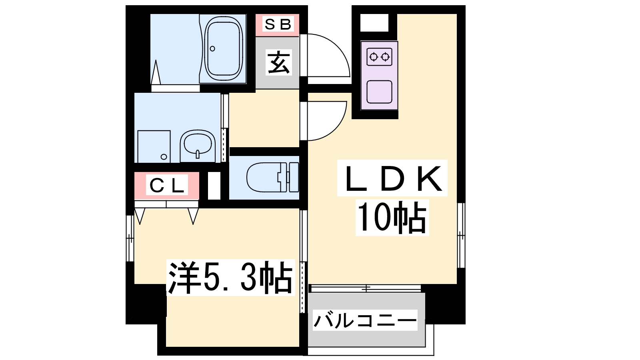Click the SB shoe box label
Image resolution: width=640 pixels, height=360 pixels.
[278, 24]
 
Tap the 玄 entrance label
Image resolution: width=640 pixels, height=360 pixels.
[279, 62]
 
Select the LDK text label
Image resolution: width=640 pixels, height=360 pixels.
[392, 178]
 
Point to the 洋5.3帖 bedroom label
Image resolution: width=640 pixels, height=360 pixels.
[230, 278]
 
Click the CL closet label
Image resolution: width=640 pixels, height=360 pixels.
[167, 185]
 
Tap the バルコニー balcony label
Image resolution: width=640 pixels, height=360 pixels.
[365, 320]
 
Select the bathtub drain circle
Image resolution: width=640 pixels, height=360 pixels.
[212, 48]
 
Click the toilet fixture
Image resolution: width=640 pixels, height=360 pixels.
[272, 177]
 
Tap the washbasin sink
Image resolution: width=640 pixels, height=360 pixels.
[198, 146]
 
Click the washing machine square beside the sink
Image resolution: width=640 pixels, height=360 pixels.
[154, 146]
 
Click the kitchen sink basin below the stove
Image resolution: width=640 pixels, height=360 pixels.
[380, 92]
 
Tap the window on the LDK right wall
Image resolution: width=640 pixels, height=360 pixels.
[461, 236]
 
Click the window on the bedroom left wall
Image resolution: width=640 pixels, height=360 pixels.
[130, 238]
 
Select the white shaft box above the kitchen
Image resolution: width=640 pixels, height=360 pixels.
[374, 22]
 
